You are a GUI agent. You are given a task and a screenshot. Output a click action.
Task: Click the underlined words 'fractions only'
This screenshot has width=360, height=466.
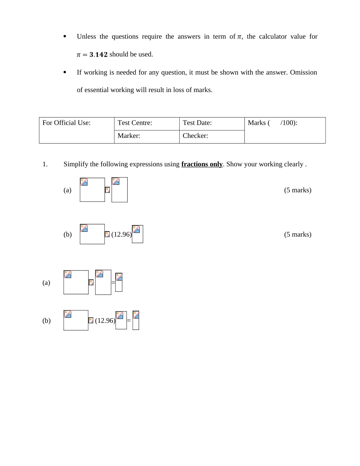coord(202,164)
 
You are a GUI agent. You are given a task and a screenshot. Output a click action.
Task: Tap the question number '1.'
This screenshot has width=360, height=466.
coord(45,164)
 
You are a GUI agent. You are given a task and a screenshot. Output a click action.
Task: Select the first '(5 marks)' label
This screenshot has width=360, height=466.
coord(297,190)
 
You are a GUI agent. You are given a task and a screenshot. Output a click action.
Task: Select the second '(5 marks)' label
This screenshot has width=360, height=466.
coord(297,235)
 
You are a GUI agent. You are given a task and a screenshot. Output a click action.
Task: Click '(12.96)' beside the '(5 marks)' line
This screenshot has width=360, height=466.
coord(121,235)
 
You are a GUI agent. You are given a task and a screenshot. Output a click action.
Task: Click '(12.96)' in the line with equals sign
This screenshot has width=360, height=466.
coord(105,321)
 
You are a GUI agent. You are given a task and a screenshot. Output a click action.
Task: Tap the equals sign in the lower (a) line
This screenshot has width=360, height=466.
coord(113,283)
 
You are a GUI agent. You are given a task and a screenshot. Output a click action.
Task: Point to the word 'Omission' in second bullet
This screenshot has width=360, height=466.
coord(303,72)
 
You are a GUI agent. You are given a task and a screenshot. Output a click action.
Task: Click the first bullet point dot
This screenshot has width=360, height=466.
coord(65,37)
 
